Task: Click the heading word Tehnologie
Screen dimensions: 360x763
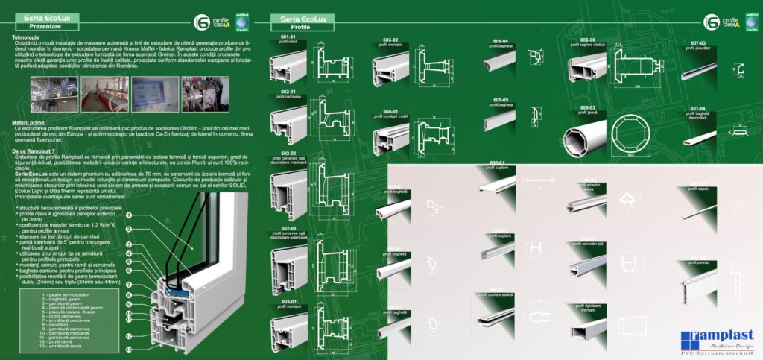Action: point(27,37)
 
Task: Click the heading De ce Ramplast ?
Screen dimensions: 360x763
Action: point(34,151)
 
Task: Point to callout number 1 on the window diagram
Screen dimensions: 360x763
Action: point(129,215)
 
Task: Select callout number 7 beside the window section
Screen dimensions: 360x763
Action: point(128,285)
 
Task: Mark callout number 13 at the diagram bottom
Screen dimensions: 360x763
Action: point(128,349)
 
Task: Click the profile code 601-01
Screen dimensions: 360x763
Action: point(288,36)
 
